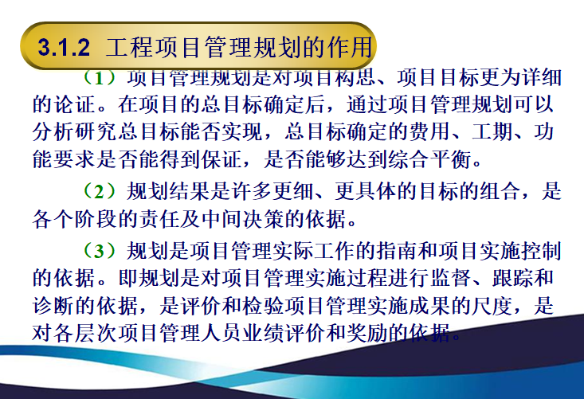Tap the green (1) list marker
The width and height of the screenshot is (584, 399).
(100, 79)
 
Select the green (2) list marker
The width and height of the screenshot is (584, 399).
(100, 192)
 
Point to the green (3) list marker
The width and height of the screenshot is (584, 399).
(100, 252)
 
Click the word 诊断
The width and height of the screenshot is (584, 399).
(54, 303)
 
